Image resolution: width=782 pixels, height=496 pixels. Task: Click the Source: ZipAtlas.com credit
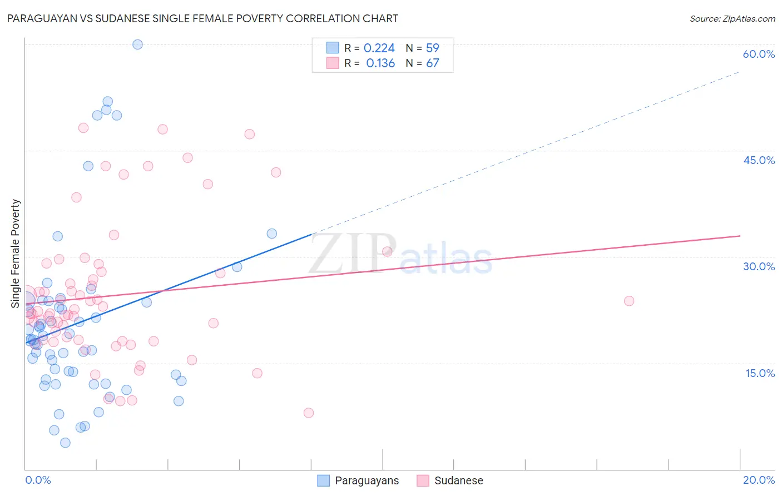(732, 19)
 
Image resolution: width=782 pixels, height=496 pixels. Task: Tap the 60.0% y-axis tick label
(759, 54)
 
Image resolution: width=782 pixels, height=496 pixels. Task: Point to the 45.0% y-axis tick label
(759, 160)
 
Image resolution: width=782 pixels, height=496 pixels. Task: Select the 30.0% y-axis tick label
(759, 266)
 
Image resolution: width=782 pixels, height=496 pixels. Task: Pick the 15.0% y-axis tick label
(760, 373)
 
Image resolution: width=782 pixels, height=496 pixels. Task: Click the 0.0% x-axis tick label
(38, 480)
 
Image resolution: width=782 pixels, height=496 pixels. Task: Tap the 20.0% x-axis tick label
(759, 480)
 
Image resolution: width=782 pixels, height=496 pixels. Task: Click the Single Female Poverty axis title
(16, 254)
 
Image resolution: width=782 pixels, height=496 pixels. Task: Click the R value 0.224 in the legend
(379, 48)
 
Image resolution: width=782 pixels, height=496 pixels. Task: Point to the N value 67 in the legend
(432, 63)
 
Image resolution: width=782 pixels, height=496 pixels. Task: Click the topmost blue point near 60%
(137, 44)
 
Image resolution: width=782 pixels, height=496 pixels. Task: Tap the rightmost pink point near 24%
(629, 301)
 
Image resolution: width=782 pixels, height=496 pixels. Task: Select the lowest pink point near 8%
(309, 413)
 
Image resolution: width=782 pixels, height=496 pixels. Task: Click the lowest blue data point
(65, 443)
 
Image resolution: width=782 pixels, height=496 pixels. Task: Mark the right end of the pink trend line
(740, 236)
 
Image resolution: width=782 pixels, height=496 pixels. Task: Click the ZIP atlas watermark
(400, 255)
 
